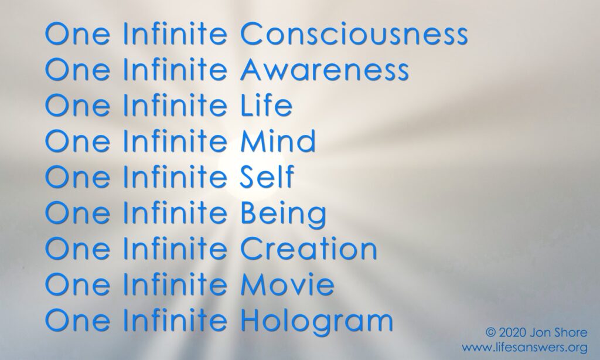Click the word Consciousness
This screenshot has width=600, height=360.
click(354, 33)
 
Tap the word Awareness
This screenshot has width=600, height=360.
click(325, 69)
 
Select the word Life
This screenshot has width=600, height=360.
click(267, 105)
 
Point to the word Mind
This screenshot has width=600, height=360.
click(278, 141)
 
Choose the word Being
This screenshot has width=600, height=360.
click(284, 213)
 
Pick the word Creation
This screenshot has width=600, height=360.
click(308, 248)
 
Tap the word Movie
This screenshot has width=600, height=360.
click(287, 284)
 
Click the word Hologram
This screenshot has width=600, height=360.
click(317, 321)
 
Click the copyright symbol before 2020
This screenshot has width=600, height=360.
click(490, 332)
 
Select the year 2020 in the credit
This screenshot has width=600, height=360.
click(512, 332)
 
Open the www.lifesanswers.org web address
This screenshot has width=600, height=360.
click(524, 348)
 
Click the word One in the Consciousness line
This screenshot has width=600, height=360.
click(77, 33)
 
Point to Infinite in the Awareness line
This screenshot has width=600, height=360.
click(175, 69)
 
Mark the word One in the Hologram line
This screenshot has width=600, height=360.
click(77, 320)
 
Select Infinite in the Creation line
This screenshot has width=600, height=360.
click(175, 248)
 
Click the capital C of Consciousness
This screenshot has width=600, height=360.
click(251, 33)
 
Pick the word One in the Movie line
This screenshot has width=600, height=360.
click(77, 284)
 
